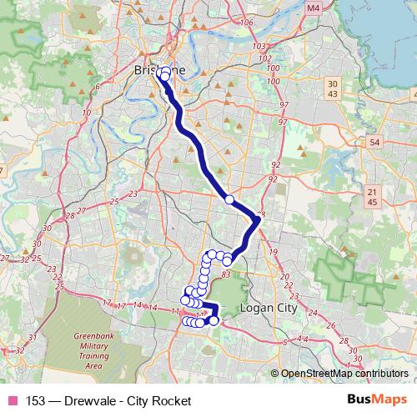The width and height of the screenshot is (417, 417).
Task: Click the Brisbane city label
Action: point(159,71)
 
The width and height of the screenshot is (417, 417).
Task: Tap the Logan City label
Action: point(269,308)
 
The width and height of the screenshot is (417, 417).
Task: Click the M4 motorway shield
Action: point(289,8)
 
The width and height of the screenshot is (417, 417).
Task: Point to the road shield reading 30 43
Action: point(333,88)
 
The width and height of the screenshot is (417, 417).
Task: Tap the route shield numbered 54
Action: point(374,143)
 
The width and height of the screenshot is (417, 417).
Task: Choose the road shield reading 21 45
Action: point(371,197)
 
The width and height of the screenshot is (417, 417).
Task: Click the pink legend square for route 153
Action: point(13,401)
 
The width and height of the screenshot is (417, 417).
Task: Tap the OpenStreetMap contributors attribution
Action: point(344,374)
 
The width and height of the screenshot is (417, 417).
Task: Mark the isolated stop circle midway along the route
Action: point(229,200)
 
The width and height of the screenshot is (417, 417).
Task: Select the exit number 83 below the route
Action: point(226,273)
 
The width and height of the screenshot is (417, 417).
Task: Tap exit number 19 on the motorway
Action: point(273,251)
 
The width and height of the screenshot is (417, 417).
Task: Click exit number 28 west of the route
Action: point(69,215)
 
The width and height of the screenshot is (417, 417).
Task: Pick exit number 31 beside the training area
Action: point(32,338)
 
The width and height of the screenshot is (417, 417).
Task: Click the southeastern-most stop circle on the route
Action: point(214,320)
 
